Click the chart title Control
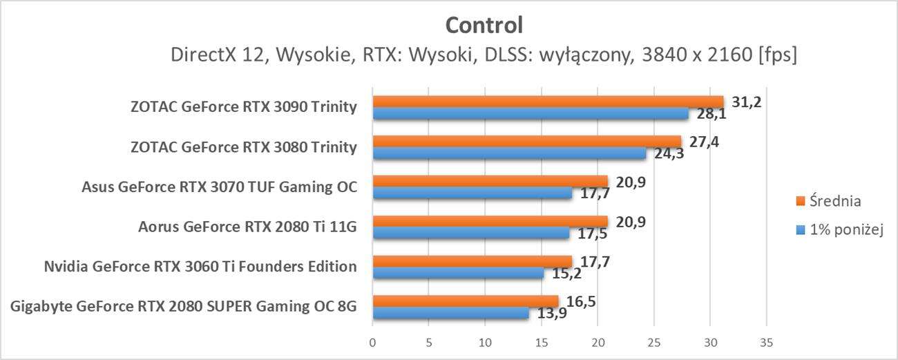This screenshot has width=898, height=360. pos(484,25)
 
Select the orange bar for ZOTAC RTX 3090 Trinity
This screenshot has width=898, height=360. pos(548,102)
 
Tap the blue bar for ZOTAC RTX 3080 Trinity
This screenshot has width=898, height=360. pos(509,153)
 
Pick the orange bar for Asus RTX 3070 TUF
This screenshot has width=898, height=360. pos(490,181)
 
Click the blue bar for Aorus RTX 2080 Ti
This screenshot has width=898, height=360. pos(471,234)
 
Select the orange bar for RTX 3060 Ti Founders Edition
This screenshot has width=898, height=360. pos(472,260)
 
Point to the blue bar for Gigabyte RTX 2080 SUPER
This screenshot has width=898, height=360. pos(450,313)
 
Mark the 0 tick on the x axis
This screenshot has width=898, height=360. pos(373,343)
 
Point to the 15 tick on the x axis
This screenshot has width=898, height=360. pos(542,343)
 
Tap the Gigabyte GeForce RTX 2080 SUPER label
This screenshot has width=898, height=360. pos(184,306)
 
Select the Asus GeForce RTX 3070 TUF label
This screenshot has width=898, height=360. pos(219,187)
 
